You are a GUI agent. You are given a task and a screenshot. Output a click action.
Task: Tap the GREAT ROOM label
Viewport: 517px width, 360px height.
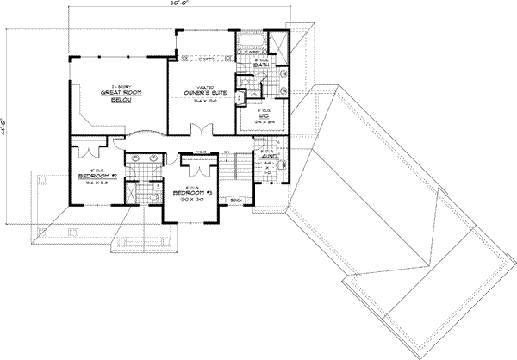click(115, 92)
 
